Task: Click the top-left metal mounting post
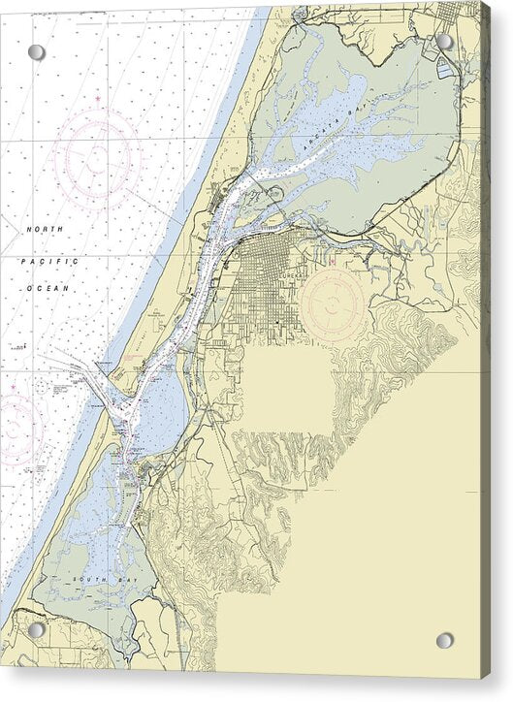tap(36, 52)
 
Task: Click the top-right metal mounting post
tap(444, 42)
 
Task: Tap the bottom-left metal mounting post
tap(36, 630)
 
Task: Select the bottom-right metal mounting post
tap(444, 641)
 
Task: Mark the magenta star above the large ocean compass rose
tap(97, 99)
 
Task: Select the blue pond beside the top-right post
tap(446, 68)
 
